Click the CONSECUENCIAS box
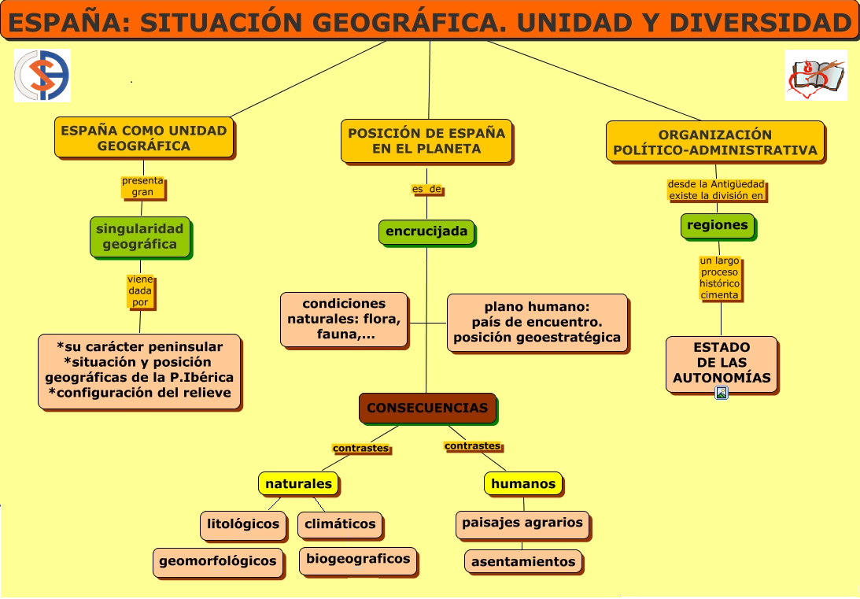pos(428,408)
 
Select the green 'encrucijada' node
pos(426,232)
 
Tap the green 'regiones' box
pos(718,226)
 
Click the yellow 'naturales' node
pos(299,484)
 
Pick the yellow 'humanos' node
pos(524,484)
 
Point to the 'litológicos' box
pos(243,525)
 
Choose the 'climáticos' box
pos(340,525)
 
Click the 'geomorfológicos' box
pos(218,562)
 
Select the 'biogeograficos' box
pos(358,560)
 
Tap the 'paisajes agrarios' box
pos(522,524)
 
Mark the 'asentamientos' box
pos(523,562)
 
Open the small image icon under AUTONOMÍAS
pos(722,393)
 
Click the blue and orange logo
pos(42,76)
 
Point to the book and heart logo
pos(816,76)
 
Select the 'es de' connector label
pos(426,189)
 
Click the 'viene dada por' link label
pos(140,291)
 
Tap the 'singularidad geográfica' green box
pos(140,237)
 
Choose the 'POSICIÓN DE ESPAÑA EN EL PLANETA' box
pos(426,142)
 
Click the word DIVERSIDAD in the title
pos(760,23)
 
